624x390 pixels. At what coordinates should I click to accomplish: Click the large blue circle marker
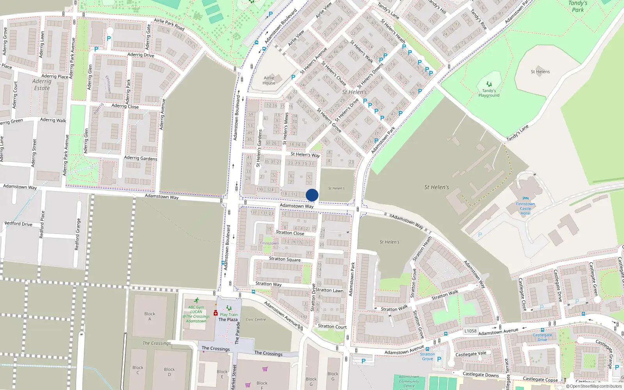(x=312, y=195)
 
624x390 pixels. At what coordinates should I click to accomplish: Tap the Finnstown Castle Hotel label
(x=525, y=209)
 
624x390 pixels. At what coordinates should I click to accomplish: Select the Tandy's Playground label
(x=489, y=93)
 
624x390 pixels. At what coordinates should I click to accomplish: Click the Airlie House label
(x=269, y=80)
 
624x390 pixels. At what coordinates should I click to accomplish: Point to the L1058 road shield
(x=470, y=331)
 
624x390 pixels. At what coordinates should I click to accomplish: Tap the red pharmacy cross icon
(x=216, y=313)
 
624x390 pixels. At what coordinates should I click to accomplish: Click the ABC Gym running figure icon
(x=197, y=301)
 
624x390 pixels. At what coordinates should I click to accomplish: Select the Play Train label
(x=229, y=315)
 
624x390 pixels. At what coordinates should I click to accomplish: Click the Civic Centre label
(x=256, y=319)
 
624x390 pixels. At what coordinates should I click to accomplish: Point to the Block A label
(x=150, y=316)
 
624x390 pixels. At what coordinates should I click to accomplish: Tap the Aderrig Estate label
(x=42, y=85)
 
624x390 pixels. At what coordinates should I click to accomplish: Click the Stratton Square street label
(x=285, y=259)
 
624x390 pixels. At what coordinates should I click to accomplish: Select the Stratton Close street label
(x=290, y=232)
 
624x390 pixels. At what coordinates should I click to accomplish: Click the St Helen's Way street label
(x=305, y=154)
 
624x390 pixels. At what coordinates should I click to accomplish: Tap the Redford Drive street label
(x=18, y=224)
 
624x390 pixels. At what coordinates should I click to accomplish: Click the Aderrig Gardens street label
(x=140, y=158)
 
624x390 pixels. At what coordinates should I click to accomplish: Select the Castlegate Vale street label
(x=471, y=354)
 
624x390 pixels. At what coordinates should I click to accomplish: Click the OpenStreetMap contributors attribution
(x=594, y=386)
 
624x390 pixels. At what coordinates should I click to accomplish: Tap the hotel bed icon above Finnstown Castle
(x=525, y=199)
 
